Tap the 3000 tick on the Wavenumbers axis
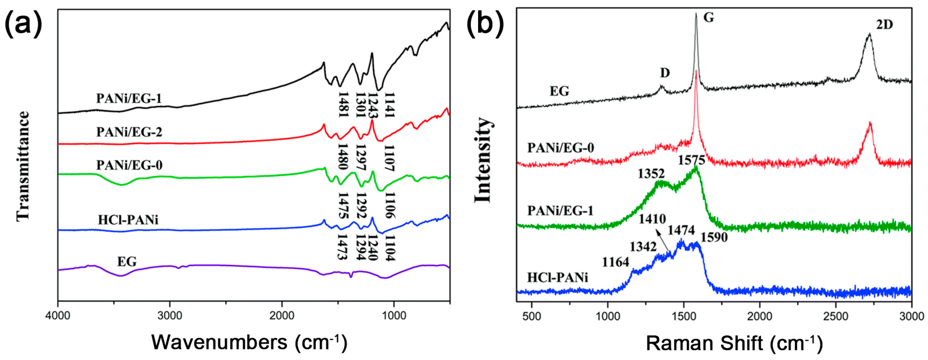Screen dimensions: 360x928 [x=170, y=316]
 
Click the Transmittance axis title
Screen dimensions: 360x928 [x=23, y=166]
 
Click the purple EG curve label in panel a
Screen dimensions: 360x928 [x=127, y=262]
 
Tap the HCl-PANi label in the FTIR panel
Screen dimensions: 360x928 [x=128, y=220]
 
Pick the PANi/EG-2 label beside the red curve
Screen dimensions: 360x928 [x=129, y=132]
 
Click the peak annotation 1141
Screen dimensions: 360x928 [x=389, y=105]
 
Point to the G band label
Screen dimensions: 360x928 [x=709, y=17]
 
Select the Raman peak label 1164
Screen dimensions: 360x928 [x=615, y=262]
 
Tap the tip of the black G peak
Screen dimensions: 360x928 [x=696, y=14]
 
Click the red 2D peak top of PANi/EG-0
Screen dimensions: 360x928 [x=870, y=123]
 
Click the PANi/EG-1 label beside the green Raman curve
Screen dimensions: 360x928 [x=560, y=211]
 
